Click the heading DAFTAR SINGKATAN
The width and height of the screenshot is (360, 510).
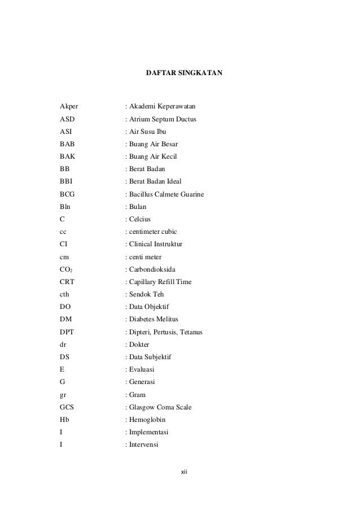pos(185,73)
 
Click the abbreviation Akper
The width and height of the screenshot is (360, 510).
pos(69,106)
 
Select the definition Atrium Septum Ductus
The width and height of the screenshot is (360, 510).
pos(163,119)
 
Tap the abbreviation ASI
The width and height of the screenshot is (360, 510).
pos(65,131)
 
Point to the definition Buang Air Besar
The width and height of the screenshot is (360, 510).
pos(153,143)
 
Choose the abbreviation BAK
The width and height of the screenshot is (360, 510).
pos(67,156)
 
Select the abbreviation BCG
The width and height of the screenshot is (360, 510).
pos(67,194)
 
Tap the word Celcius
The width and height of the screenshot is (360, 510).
pos(140,219)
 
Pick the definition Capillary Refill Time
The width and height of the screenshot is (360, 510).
pos(160,282)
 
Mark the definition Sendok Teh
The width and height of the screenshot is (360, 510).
pos(145,294)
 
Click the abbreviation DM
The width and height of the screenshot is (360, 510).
pos(65,319)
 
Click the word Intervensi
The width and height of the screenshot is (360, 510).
pos(144,444)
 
